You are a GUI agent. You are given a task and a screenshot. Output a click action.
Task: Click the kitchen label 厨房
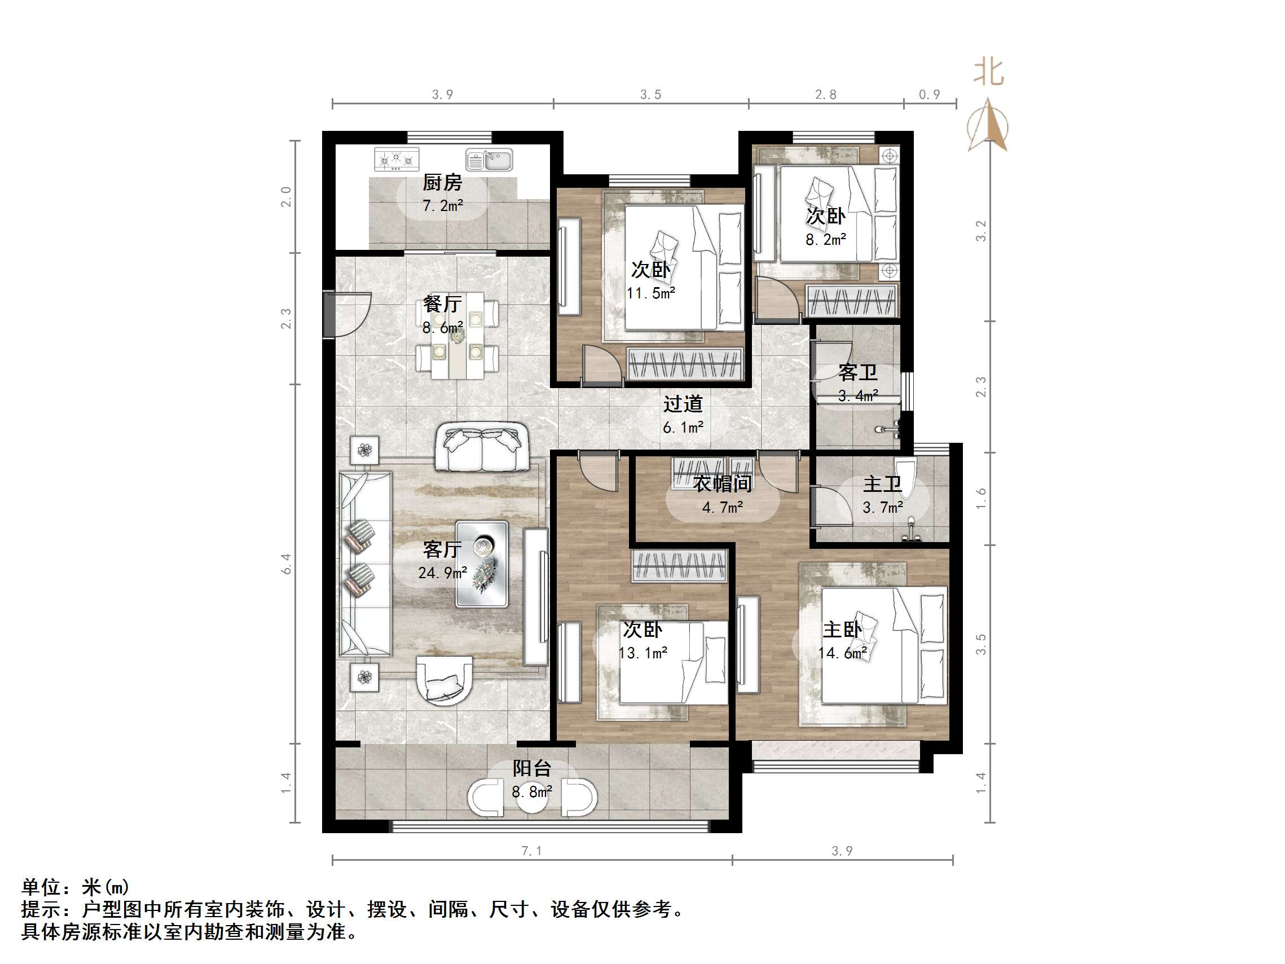tap(442, 182)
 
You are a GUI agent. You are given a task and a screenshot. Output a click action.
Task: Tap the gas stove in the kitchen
tap(397, 159)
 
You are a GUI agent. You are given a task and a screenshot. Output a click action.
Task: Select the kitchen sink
tap(489, 160)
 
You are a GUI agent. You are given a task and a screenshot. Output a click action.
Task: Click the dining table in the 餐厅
tap(457, 335)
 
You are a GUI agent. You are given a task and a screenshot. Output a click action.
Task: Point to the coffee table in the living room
tap(482, 564)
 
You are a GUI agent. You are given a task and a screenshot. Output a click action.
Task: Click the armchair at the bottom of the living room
tap(445, 680)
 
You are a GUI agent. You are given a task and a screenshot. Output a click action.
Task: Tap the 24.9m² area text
tap(443, 573)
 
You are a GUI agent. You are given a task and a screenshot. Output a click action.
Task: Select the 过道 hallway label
tap(683, 404)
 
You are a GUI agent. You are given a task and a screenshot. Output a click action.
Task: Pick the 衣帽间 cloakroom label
tap(722, 483)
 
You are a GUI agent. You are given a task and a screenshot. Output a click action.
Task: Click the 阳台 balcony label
tap(531, 768)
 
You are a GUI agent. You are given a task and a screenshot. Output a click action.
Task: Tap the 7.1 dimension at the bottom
tap(531, 851)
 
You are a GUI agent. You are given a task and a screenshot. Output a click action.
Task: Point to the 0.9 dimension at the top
tap(930, 95)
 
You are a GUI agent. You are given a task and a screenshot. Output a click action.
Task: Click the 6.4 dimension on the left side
tap(286, 564)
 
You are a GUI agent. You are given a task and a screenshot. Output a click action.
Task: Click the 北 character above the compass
tap(988, 73)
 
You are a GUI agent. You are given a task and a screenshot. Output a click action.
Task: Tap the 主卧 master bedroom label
tap(842, 630)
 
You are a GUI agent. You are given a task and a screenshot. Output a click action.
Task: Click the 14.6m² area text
tap(842, 653)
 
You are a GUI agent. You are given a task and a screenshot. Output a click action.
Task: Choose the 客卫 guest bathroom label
tap(857, 372)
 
